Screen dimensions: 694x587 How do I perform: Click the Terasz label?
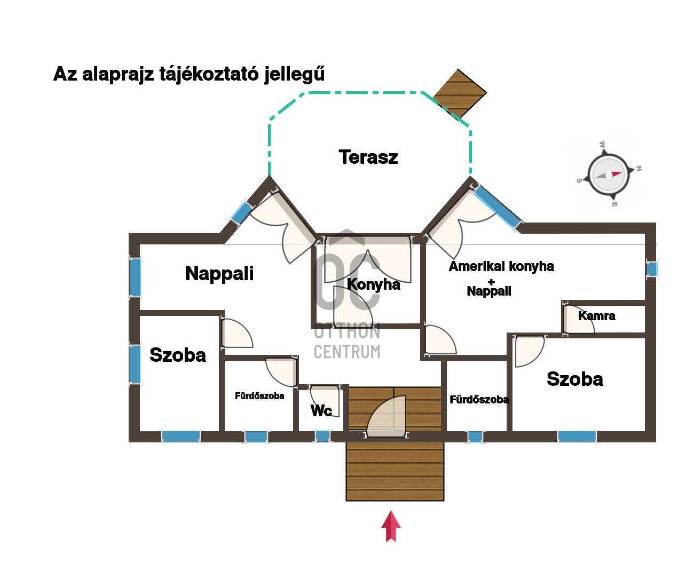(x=368, y=157)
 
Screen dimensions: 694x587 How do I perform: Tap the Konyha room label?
(x=373, y=284)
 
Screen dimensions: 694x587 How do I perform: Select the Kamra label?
(x=597, y=316)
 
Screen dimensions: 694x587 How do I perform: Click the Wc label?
(x=321, y=410)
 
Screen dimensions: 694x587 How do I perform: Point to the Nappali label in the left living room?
(x=219, y=273)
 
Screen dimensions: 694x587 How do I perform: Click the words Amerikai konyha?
(x=501, y=266)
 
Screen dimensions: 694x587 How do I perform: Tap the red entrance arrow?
(x=391, y=526)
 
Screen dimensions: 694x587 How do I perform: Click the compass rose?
(x=609, y=174)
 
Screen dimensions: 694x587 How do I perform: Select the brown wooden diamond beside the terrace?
(x=459, y=93)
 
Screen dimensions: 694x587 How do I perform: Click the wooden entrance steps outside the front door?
(x=395, y=472)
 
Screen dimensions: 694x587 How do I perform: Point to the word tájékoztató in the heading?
(x=209, y=74)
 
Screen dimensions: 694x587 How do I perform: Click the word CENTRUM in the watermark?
(x=347, y=352)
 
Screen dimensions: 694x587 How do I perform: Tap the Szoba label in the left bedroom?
(x=178, y=355)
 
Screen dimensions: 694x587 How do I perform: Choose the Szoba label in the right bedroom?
(x=575, y=379)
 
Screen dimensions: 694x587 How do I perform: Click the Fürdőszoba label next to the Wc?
(x=259, y=396)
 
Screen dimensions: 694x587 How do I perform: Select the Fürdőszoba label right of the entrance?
(x=479, y=400)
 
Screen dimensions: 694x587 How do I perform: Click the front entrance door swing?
(x=386, y=417)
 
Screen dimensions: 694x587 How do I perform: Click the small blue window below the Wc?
(x=322, y=437)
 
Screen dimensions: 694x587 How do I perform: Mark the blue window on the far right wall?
(x=652, y=269)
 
